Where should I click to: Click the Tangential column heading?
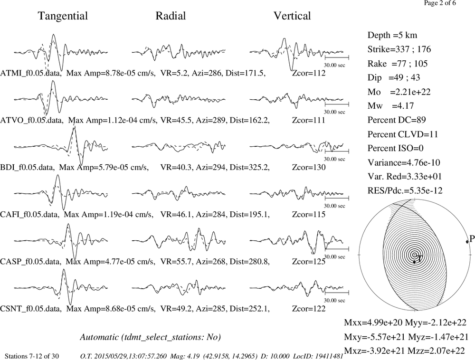pos(63,16)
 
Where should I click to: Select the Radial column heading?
pos(171,16)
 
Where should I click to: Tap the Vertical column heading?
pos(292,16)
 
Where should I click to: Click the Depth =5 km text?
pos(392,35)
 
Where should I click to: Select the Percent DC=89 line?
pos(397,120)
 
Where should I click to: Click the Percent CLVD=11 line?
pos(403,134)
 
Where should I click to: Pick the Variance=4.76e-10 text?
pos(404,162)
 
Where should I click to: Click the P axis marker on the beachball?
pos(467,241)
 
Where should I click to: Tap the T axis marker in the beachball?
pos(414,262)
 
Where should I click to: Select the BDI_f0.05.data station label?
pos(27,168)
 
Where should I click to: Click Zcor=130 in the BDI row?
pos(309,168)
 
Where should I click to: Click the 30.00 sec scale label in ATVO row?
pos(334,112)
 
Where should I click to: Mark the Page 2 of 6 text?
pos(440,3)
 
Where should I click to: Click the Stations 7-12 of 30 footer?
pos(32,356)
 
